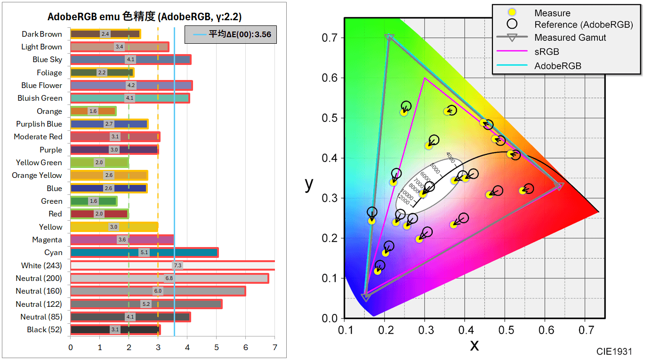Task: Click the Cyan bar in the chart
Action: (x=144, y=252)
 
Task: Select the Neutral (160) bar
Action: (x=158, y=291)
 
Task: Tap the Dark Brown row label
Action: (x=41, y=34)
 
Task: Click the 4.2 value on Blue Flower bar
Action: (x=131, y=85)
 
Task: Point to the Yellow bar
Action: (x=114, y=227)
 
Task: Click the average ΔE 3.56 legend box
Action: (x=230, y=34)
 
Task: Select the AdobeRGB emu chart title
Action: (x=144, y=17)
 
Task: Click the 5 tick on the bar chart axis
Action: (x=216, y=348)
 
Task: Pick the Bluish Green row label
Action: (x=40, y=98)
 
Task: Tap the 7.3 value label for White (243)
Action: (x=177, y=265)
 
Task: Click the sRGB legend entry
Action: (x=547, y=52)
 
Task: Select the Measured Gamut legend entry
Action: (x=569, y=38)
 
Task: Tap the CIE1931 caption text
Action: (x=614, y=352)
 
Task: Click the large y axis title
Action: (x=309, y=184)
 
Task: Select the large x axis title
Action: (x=474, y=346)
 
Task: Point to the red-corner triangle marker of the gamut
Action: (x=559, y=186)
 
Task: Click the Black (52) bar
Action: (x=115, y=329)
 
